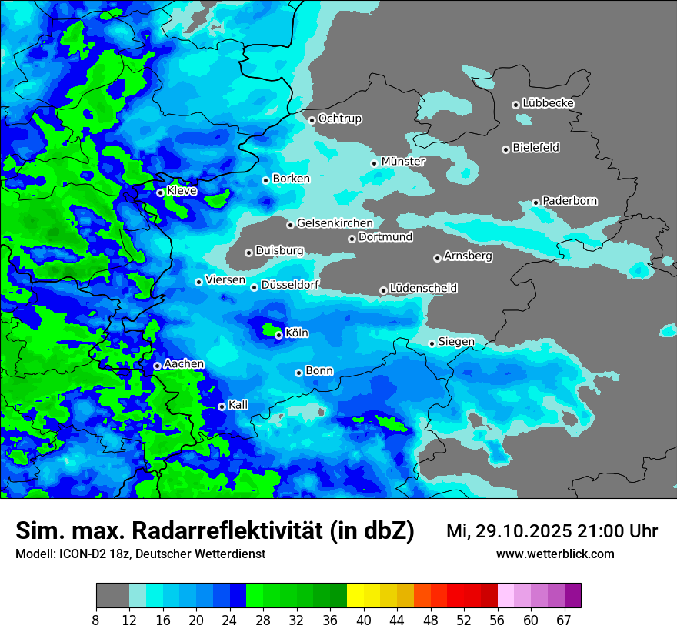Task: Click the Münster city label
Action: pos(403,162)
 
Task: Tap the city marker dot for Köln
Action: pos(278,335)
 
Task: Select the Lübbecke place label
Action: pos(548,103)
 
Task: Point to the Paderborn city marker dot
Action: pos(536,202)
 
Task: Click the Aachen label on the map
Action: pos(184,364)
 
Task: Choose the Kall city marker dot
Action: pos(222,406)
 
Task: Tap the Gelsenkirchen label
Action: pos(335,223)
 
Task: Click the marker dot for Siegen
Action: pos(432,343)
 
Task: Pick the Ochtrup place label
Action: pos(340,119)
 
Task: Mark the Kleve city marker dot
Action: pos(160,192)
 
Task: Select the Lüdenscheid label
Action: pos(423,289)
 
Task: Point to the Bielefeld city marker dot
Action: pos(506,149)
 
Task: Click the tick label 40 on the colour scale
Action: pos(364,620)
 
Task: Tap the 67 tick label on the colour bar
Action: pos(564,620)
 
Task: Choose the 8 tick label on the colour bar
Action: pos(96,620)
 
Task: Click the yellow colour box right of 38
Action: pos(355,596)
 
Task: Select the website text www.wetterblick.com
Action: pos(555,554)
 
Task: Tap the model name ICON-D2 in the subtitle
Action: pos(78,554)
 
